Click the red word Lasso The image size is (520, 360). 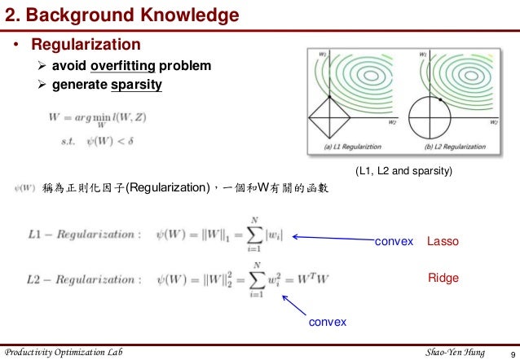[x=443, y=242]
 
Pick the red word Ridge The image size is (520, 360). [x=443, y=278]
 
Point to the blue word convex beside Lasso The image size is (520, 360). [x=394, y=242]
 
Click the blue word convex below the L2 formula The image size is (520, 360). [x=327, y=323]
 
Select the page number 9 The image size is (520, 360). [x=509, y=352]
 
